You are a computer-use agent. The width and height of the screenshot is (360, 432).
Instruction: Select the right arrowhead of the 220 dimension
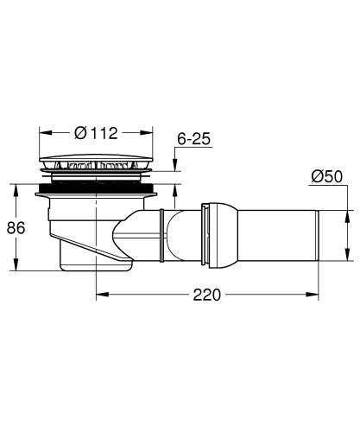click(315, 294)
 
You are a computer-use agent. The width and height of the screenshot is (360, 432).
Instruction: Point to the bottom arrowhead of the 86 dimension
click(16, 265)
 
